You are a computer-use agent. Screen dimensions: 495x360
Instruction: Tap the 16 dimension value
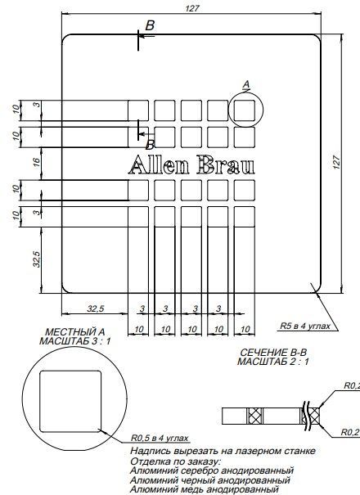(25, 164)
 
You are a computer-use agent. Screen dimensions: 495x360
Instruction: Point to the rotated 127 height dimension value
(336, 162)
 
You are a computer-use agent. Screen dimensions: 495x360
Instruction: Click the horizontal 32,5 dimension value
(96, 308)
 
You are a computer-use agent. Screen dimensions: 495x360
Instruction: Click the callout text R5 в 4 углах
(305, 325)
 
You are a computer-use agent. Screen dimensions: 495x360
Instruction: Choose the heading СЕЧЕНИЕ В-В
(273, 351)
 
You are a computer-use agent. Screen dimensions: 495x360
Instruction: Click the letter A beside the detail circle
(246, 83)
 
